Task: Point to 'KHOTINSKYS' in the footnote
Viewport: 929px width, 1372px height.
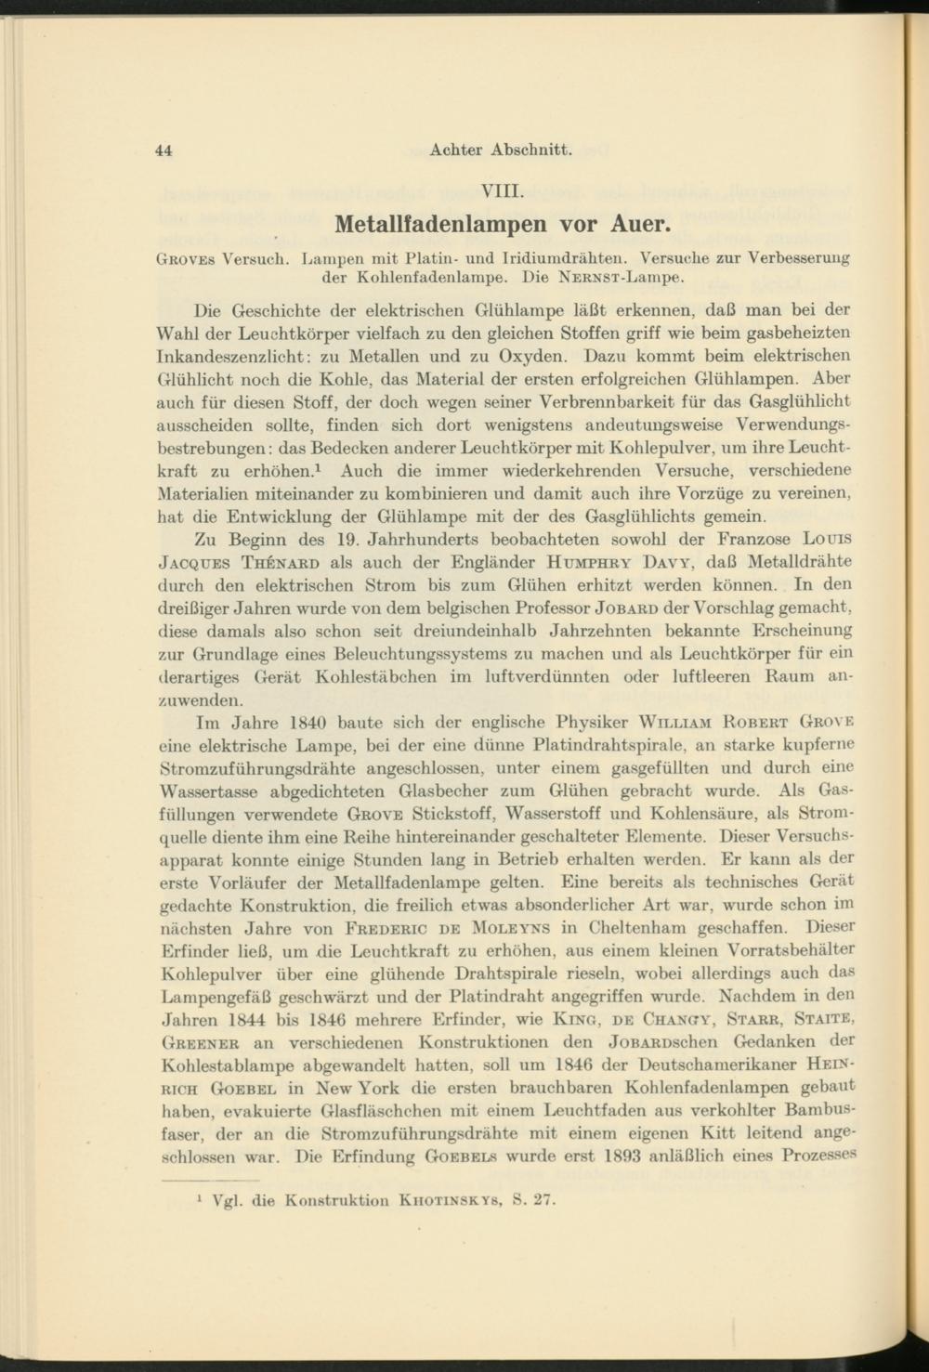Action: pyautogui.click(x=440, y=1199)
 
